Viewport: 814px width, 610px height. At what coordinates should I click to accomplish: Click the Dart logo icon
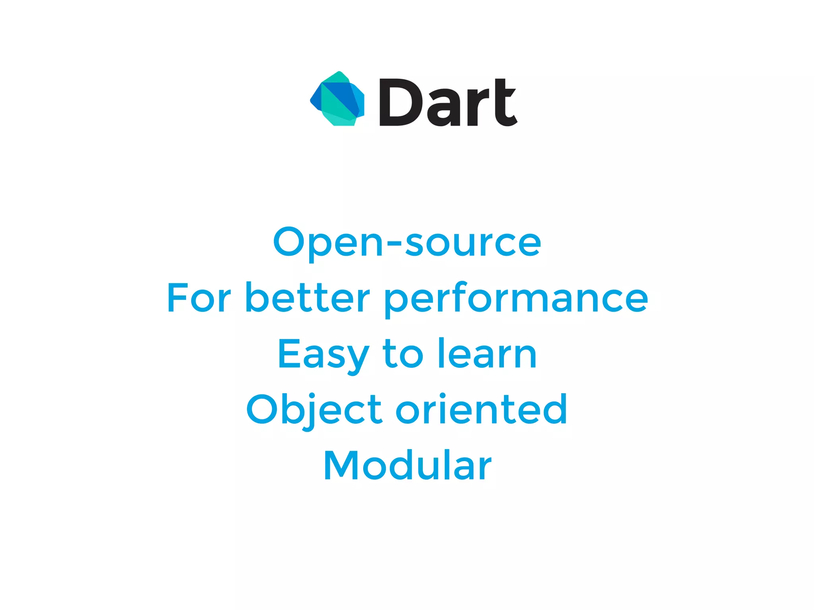point(337,99)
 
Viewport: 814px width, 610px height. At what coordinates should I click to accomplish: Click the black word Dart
point(448,102)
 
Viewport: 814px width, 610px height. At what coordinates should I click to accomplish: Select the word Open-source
point(407,242)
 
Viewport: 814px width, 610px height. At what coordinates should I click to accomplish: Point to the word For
point(199,297)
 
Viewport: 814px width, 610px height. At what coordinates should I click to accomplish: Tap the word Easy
point(323,355)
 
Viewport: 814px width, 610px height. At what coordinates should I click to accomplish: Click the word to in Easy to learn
point(403,354)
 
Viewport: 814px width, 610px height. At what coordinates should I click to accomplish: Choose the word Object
point(314,410)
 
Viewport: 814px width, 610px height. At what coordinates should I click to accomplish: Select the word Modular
point(407,465)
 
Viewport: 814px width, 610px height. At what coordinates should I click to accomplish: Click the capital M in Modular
point(341,465)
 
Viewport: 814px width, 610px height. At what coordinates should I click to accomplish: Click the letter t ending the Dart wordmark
point(505,102)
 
